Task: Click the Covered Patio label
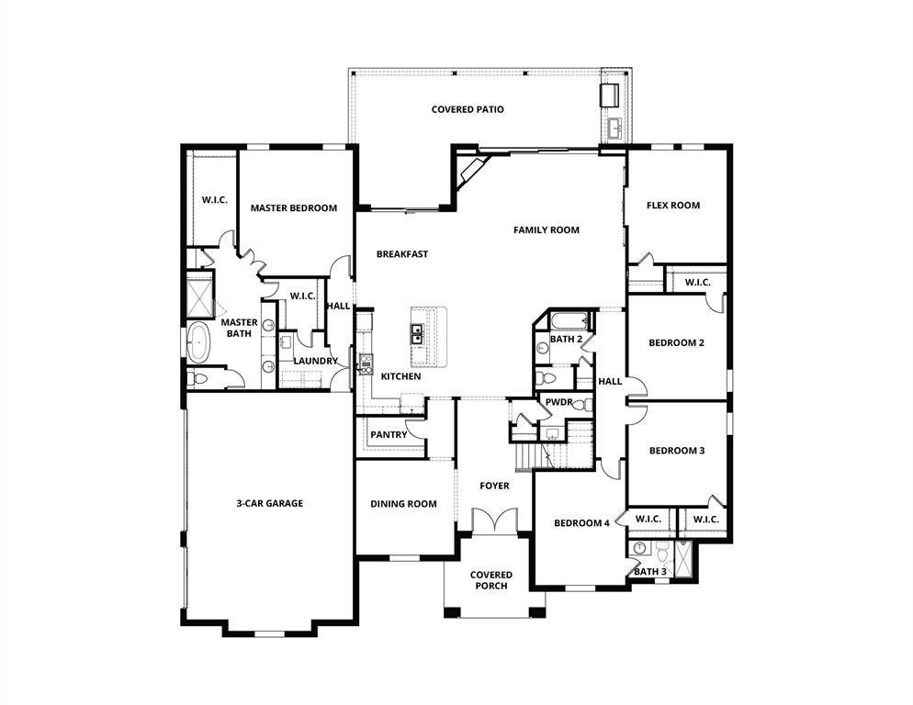[468, 109]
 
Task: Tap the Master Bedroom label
[293, 207]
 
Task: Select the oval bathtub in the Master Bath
[198, 343]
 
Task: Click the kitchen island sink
[417, 333]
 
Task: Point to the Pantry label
[389, 434]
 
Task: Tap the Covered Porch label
[491, 580]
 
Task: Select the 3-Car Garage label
[269, 503]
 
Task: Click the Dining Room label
[403, 503]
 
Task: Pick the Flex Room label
[672, 205]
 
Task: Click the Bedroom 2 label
[676, 342]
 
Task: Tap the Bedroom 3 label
[676, 450]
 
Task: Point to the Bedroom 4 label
[581, 523]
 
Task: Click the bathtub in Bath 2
[568, 321]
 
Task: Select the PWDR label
[558, 402]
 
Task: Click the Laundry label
[315, 361]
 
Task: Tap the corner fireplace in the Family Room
[470, 171]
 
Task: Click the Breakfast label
[401, 254]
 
